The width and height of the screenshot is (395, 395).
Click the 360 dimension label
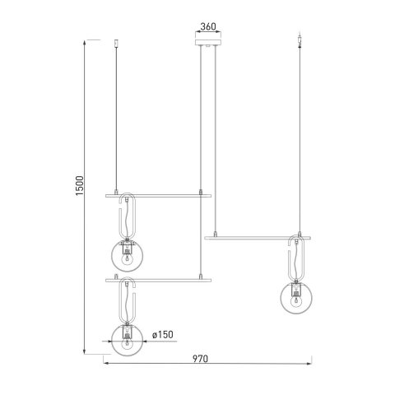point(207,27)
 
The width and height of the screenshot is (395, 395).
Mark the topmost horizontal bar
point(154,196)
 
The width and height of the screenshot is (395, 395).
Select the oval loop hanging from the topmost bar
point(128,216)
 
